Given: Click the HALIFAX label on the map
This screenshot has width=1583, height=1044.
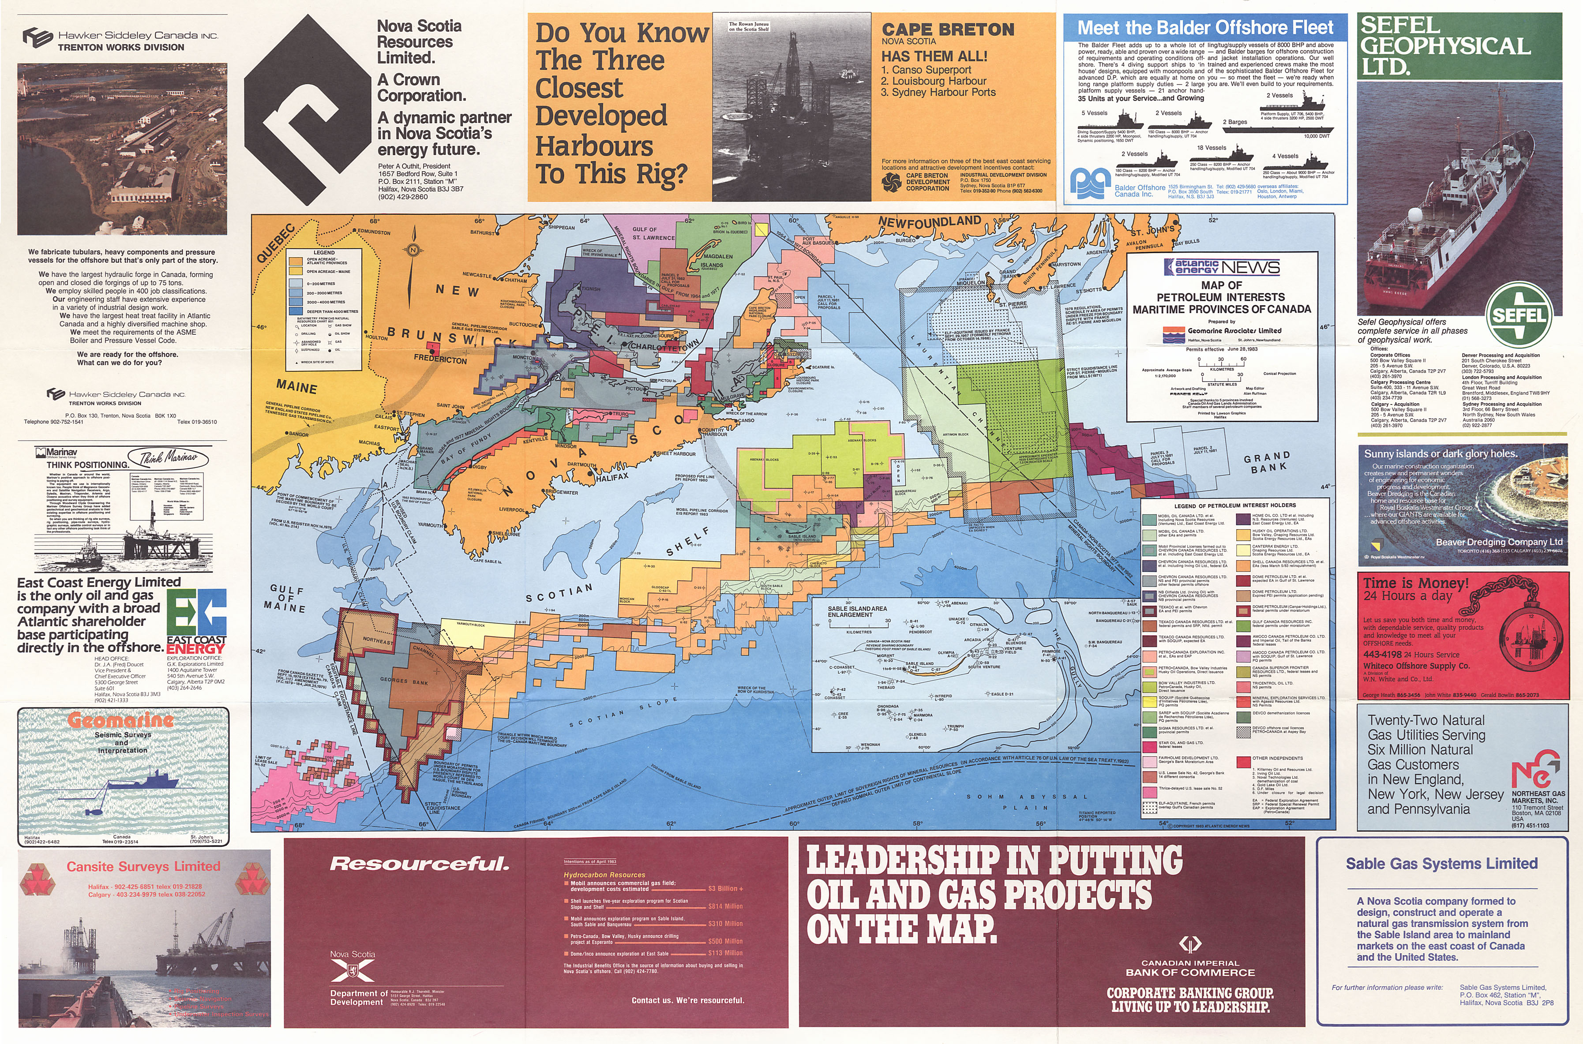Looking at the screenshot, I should click(x=612, y=477).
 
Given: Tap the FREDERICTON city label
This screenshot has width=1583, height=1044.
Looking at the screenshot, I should click(x=440, y=359).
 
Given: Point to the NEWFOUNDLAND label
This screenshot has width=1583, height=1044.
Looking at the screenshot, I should click(x=930, y=222).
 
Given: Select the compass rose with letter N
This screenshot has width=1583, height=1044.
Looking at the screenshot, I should click(x=413, y=251).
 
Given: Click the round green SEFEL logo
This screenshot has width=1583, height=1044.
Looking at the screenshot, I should click(x=1519, y=314).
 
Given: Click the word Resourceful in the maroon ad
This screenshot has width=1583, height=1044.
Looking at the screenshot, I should click(x=420, y=864).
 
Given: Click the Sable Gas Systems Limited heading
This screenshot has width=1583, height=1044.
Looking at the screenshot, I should click(x=1441, y=864).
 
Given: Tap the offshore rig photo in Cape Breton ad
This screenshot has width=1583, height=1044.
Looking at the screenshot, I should click(x=791, y=107).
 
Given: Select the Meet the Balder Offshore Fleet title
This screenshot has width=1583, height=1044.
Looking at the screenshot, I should click(x=1205, y=28).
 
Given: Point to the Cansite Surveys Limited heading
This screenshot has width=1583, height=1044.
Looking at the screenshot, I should click(x=143, y=866).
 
